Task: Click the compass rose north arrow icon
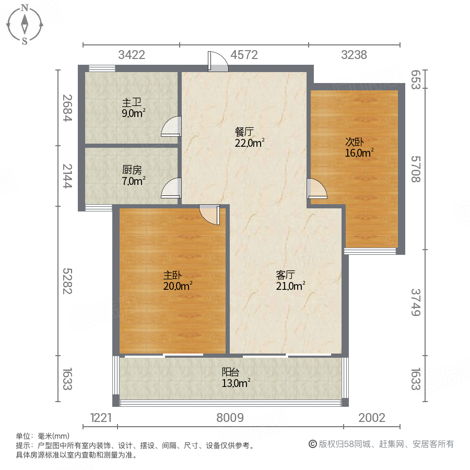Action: [25, 23]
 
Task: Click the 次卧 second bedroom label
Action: [354, 142]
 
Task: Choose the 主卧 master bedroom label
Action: [172, 275]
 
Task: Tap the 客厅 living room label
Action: [286, 275]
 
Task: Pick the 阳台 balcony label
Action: [231, 372]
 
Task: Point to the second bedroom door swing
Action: [316, 189]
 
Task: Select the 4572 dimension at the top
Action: [244, 54]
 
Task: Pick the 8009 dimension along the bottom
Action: [230, 417]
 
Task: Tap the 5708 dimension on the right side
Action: [416, 169]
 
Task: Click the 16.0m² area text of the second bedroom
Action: [359, 153]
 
